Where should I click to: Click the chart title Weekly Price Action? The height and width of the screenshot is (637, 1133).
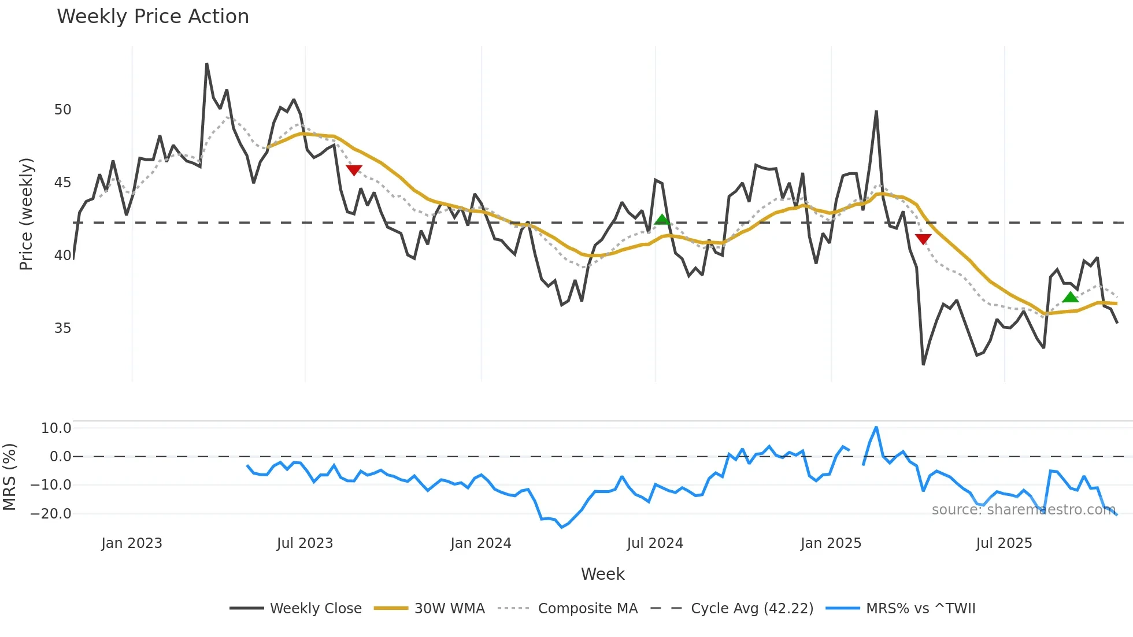coord(153,17)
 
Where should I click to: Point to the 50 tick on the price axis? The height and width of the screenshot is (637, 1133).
coord(63,110)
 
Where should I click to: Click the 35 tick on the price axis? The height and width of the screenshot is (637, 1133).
coord(63,328)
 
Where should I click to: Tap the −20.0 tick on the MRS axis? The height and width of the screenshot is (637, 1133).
coord(51,513)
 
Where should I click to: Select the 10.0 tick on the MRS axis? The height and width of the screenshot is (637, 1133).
coord(56,428)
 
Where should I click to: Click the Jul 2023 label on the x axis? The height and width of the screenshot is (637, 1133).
coord(305,543)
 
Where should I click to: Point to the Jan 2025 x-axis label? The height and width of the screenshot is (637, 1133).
coord(831,543)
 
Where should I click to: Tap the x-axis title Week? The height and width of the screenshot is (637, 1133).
coord(602,574)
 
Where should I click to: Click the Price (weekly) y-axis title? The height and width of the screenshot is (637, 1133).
coord(27,214)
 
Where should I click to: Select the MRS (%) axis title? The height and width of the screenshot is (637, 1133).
coord(9,477)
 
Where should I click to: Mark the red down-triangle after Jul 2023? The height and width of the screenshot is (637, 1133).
coord(354,170)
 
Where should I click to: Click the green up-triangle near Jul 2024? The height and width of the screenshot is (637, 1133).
coord(662,220)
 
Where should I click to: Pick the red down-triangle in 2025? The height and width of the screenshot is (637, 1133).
coord(923,239)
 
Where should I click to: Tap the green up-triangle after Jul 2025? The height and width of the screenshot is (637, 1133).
coord(1070,297)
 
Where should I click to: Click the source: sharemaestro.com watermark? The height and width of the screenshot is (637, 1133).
coord(1023,509)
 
